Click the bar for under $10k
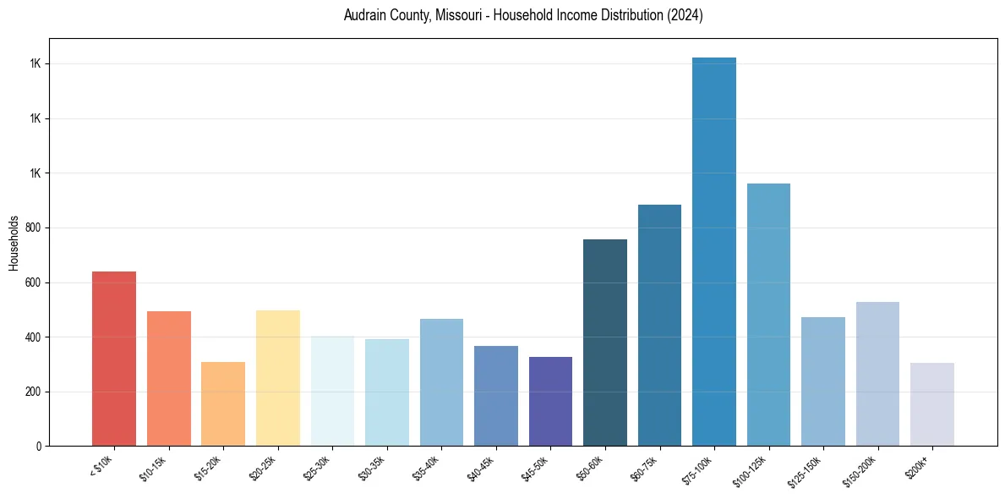pyautogui.click(x=114, y=359)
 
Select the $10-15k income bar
pyautogui.click(x=169, y=378)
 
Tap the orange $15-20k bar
pyautogui.click(x=223, y=403)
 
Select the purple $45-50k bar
pyautogui.click(x=551, y=401)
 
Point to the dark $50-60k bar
pyautogui.click(x=605, y=343)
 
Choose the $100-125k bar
pyautogui.click(x=768, y=315)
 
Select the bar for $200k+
pyautogui.click(x=932, y=404)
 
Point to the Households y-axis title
pyautogui.click(x=14, y=242)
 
